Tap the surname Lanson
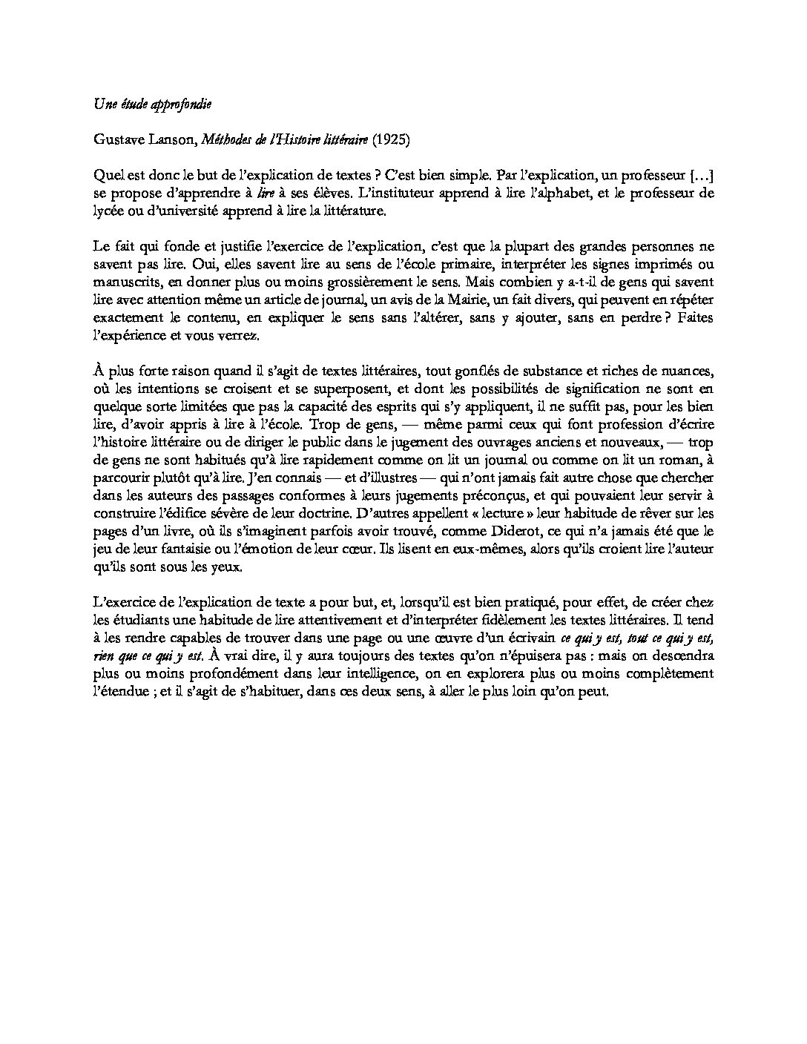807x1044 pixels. pyautogui.click(x=169, y=139)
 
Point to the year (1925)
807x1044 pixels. pyautogui.click(x=391, y=139)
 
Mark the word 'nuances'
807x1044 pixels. pyautogui.click(x=688, y=371)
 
